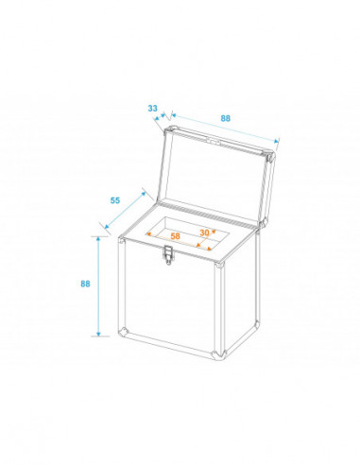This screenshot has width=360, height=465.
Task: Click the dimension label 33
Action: coord(152,108)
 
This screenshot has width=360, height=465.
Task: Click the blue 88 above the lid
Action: coord(225,118)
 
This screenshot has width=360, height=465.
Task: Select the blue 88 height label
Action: coord(85,284)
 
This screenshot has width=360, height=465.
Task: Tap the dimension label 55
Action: coord(115,200)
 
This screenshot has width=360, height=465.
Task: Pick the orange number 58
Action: coord(175,235)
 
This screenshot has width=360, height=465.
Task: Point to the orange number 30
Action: coord(204,232)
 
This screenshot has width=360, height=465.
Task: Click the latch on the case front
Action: coord(169,255)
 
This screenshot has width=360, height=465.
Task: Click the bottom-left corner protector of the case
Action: coord(124,332)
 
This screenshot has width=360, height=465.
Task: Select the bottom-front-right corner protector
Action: coord(218,354)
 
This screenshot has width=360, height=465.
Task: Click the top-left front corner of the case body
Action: coord(122,240)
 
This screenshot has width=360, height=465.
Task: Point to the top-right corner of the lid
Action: coord(270,156)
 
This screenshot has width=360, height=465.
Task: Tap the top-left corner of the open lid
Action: coord(170,129)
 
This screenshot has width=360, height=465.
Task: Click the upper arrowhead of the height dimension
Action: coord(98,239)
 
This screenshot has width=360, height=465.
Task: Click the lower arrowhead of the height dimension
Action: coord(98,334)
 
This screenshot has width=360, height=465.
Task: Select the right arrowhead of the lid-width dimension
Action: coord(277,141)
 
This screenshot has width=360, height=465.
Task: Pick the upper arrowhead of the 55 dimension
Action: coord(144,194)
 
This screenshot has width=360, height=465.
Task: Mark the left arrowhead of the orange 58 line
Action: coord(148,234)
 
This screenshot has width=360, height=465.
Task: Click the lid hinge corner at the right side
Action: coord(262,224)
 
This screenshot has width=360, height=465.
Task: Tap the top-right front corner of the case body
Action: coord(219,265)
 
